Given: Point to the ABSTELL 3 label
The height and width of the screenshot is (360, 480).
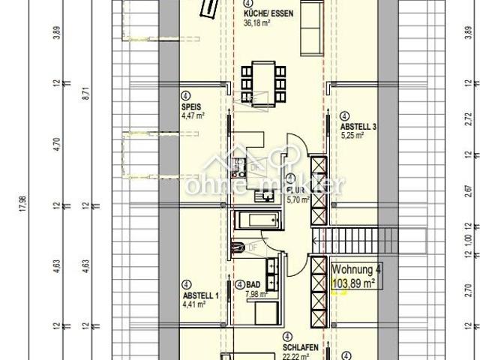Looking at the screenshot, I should pos(358,127).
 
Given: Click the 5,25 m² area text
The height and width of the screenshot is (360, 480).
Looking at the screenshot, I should pos(352,136).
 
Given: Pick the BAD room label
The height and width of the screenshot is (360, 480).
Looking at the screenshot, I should pos(254,286).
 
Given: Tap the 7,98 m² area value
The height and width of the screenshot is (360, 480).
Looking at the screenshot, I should pos(256,294).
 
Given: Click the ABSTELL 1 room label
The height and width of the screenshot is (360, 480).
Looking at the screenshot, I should pos(200,295).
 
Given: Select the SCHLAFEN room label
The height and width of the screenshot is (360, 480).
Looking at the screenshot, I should pos(301,348).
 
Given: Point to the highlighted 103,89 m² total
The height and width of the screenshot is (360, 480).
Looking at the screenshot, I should pos(353,283).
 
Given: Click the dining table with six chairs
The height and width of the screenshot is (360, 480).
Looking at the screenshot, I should pos(263,82).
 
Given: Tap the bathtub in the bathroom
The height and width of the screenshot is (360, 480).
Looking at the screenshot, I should pos(257,220).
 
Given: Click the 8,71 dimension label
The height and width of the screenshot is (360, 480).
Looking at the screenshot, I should pos(85,94).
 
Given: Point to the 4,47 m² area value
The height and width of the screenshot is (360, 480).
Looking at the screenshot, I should pos(193,115).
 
